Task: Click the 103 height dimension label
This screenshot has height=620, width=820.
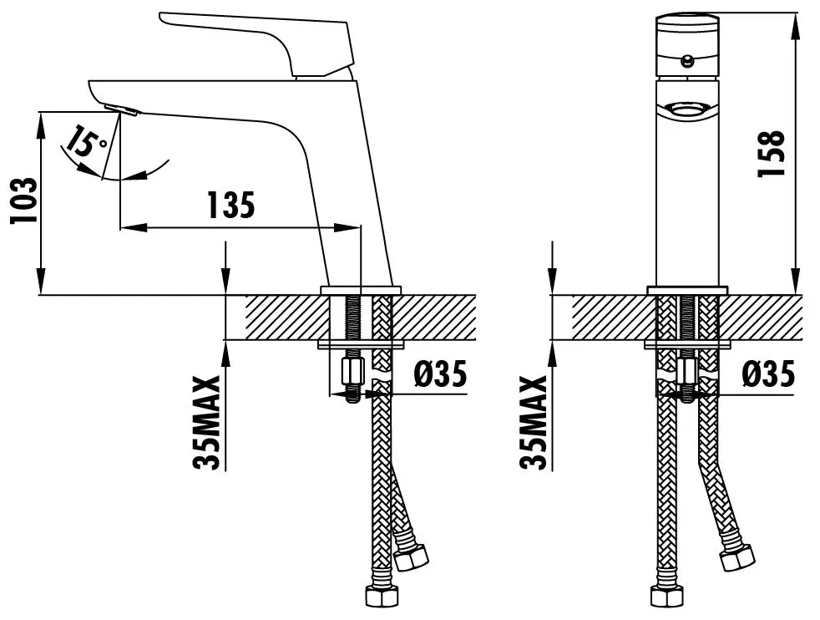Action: coord(24,201)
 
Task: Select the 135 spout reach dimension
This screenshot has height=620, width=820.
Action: coord(231,205)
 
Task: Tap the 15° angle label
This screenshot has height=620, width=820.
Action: coord(87,140)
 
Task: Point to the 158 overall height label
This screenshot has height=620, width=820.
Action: coord(772,153)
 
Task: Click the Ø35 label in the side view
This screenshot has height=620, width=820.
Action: coord(440,374)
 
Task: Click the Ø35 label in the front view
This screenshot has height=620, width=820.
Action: coord(767,374)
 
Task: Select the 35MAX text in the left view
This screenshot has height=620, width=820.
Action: coord(207,423)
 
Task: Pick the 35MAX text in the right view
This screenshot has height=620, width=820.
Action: coord(534,423)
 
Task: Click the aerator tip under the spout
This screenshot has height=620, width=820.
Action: coord(121,109)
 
